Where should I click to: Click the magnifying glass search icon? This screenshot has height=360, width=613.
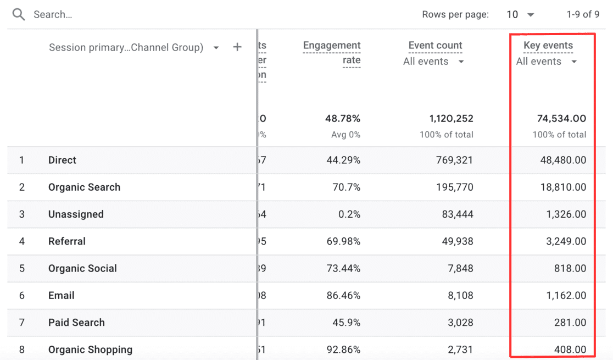tap(19, 15)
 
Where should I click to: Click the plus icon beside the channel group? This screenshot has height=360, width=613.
tap(237, 47)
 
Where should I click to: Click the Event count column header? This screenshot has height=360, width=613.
tap(435, 46)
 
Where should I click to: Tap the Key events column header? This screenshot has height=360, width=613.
tap(548, 46)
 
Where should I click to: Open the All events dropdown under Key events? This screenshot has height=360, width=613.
tap(547, 62)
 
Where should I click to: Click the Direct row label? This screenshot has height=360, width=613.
tap(62, 160)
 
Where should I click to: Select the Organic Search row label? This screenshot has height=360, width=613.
tap(84, 187)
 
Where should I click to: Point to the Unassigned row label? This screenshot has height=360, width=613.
tap(76, 214)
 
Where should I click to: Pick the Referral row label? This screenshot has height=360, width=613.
tap(67, 241)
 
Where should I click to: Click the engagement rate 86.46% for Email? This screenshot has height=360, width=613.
tap(342, 296)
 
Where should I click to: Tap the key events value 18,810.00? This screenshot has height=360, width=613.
tap(562, 187)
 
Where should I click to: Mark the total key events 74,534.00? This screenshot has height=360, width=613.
tap(561, 119)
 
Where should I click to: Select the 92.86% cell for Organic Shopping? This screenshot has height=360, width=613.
tap(342, 350)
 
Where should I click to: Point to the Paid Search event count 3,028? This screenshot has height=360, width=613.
tap(458, 323)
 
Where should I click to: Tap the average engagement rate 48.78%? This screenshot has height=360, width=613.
tap(342, 119)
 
